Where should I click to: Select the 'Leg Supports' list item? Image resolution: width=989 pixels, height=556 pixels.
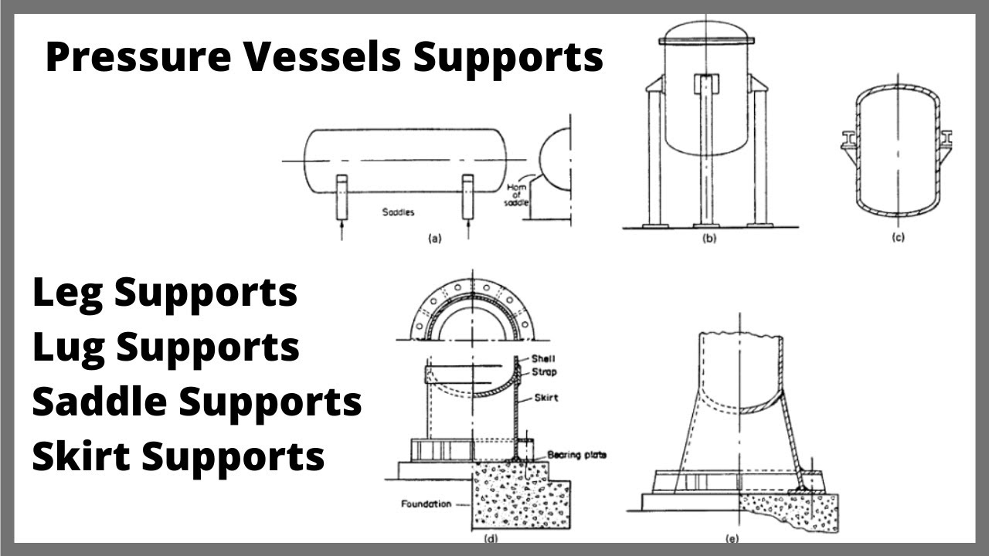165,293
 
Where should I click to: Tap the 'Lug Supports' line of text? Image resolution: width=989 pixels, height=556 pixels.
165,347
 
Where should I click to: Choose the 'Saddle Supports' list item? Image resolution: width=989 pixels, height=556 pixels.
197,402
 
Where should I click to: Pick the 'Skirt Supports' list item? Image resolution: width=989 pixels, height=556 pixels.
178,456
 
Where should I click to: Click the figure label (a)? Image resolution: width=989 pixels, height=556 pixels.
434,239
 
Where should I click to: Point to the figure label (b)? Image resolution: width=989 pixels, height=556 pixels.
709,239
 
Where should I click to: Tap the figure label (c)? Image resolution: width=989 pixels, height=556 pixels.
898,238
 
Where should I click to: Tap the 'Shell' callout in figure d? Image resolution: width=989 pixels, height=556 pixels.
543,358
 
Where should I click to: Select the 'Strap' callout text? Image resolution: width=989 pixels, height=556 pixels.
544,372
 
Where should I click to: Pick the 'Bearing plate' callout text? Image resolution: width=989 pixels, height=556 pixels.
575,455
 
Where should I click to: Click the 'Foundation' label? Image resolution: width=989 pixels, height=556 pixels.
426,504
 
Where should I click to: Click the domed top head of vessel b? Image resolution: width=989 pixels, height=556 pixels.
707,31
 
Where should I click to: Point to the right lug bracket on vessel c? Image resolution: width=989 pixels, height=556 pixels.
947,140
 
